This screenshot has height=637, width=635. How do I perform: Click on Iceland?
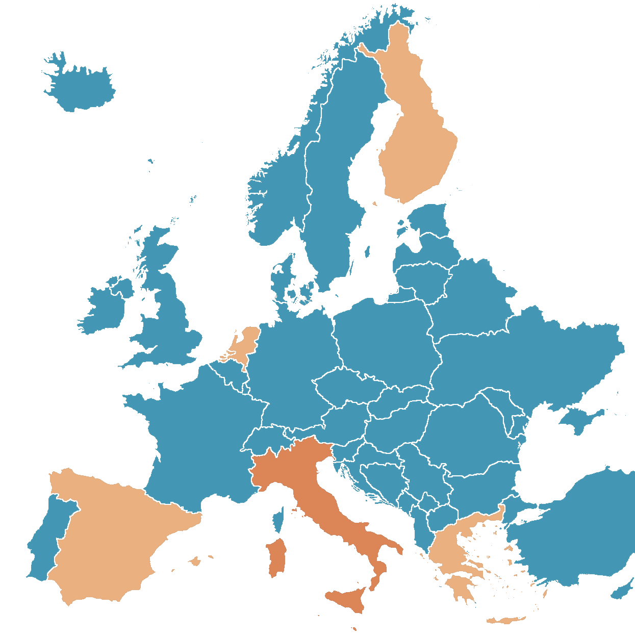(82, 87)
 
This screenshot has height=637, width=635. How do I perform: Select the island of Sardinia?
(276, 558)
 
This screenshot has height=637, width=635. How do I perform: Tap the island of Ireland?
(105, 309)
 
